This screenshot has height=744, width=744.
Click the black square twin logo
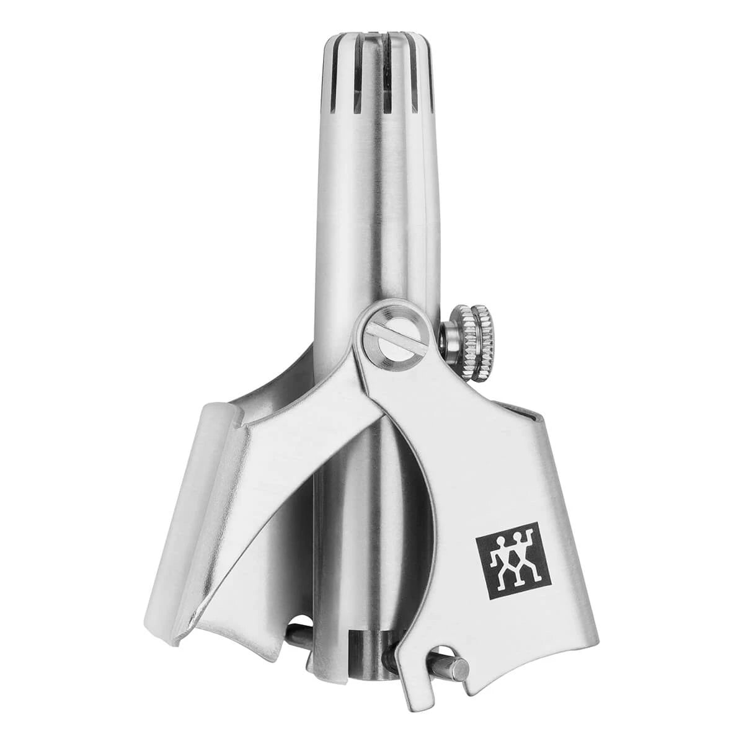(x=513, y=559)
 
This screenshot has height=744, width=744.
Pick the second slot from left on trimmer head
(x=358, y=87)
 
